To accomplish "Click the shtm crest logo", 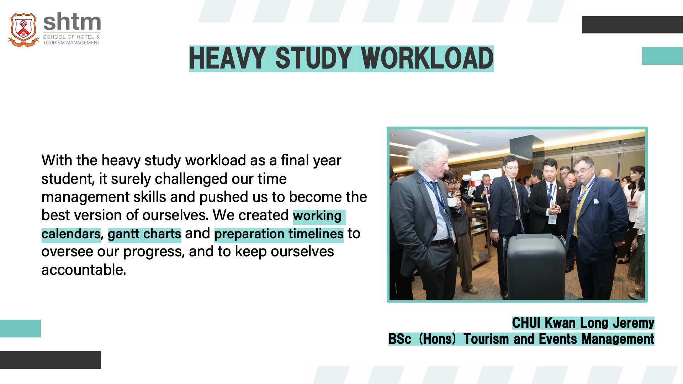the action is [23, 30].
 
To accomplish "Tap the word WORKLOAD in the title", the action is [427, 58].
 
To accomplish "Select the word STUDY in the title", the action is [313, 58].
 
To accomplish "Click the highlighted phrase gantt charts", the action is [144, 234].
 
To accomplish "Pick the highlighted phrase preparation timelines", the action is [279, 234].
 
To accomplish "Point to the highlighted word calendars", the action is [71, 234].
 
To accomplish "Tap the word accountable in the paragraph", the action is [83, 270].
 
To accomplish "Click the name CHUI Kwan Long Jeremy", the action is [583, 323].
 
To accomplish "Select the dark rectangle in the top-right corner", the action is [632, 25].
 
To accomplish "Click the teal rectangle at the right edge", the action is [662, 56].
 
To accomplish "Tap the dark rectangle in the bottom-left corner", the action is [50, 360].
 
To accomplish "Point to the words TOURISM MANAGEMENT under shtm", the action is [72, 43].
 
